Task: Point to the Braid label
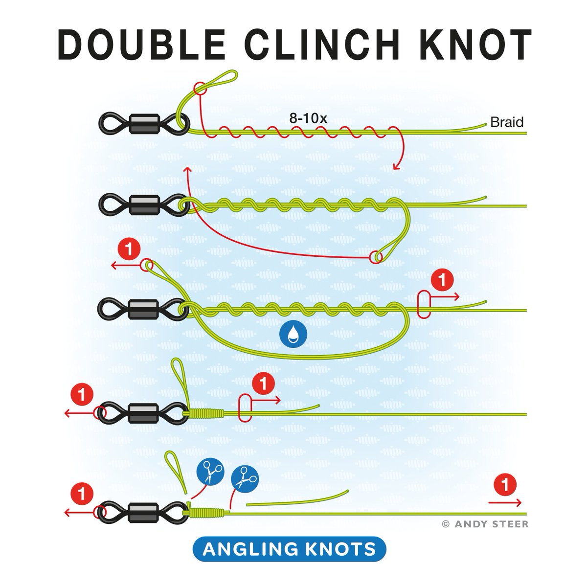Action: [507, 122]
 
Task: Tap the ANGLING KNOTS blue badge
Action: [290, 549]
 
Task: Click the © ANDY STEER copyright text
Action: [485, 524]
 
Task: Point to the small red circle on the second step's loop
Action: [376, 256]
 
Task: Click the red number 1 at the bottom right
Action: [505, 486]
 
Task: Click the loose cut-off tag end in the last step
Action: [296, 498]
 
